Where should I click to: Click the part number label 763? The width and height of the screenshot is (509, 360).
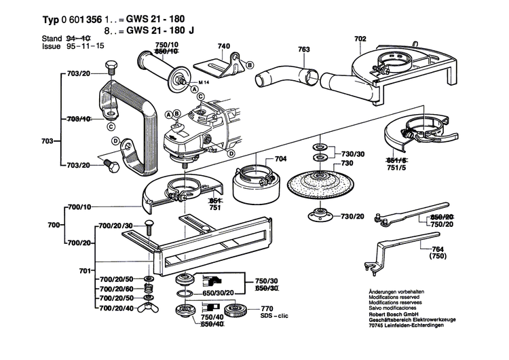(x=303, y=49)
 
